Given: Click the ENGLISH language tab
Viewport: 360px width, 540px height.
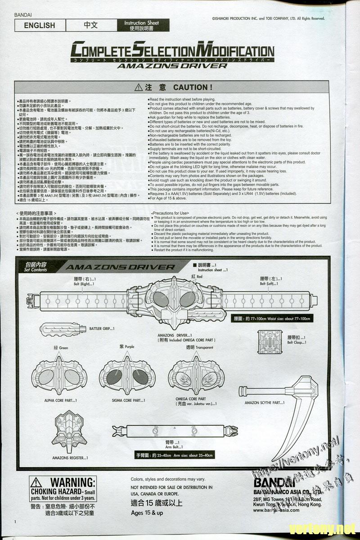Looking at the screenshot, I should [40, 26].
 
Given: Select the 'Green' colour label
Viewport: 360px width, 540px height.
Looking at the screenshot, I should [61, 348].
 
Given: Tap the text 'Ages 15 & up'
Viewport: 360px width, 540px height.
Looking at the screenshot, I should [147, 513].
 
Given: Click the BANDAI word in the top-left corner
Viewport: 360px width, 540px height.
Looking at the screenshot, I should [22, 15].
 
